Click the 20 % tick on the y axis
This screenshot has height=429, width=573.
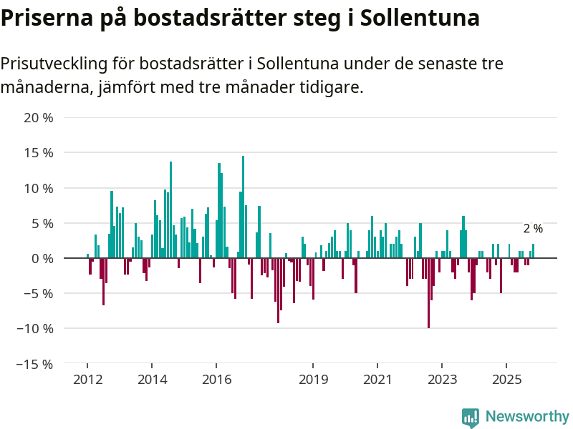click(39, 118)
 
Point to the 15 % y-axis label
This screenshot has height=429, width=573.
click(39, 153)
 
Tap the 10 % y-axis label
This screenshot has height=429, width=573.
click(39, 188)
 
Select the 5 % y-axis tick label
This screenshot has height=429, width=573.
click(42, 223)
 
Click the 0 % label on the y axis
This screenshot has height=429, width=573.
click(42, 258)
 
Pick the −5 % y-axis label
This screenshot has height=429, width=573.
click(39, 293)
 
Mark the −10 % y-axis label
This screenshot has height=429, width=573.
click(36, 328)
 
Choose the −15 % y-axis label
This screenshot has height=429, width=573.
click(36, 363)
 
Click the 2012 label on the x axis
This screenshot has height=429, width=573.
click(87, 380)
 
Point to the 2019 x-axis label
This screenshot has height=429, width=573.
click(313, 380)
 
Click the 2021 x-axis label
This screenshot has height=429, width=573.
click(377, 380)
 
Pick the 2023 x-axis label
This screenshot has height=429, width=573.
click(443, 380)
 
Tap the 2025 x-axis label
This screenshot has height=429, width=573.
click(506, 380)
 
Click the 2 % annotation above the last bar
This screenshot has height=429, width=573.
click(533, 229)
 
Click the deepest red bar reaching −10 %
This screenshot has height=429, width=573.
click(428, 293)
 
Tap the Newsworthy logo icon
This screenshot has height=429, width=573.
click(471, 418)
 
